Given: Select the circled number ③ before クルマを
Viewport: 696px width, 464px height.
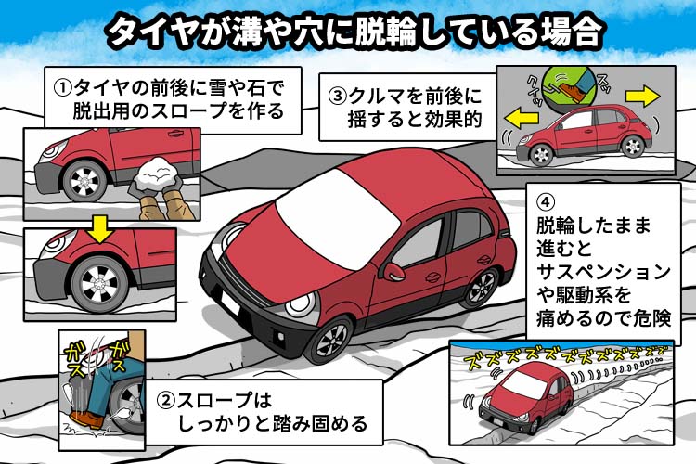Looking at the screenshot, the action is point(337,96).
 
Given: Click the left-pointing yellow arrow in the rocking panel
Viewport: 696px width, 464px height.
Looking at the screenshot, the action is point(522,118).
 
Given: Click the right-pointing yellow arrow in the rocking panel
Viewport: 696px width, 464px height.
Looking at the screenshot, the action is point(642,97).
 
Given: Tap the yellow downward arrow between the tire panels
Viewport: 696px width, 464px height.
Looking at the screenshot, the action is point(100,229).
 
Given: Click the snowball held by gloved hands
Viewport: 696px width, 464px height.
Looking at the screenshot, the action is point(154,174).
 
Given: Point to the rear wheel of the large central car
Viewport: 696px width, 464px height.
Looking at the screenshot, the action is point(480,288).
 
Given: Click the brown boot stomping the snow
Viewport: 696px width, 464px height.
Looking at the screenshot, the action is point(86,419).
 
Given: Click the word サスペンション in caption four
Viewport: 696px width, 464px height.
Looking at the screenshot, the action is point(603,272).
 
